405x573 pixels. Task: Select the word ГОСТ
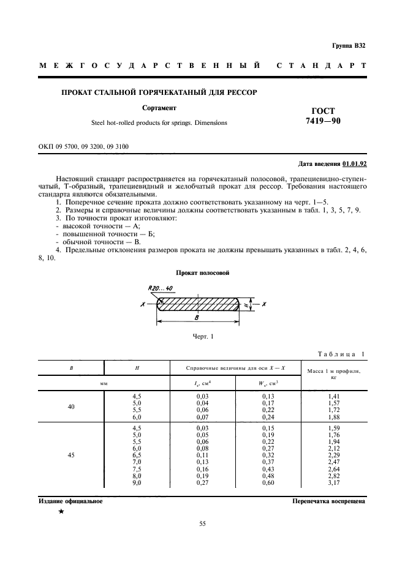coord(324,111)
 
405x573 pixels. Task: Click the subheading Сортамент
coord(159,108)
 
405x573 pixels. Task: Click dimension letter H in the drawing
coord(244,304)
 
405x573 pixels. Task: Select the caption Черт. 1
coord(202,337)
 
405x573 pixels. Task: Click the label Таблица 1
coord(341,354)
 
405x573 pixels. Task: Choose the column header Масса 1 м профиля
coord(334,370)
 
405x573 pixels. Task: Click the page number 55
coord(202,523)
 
